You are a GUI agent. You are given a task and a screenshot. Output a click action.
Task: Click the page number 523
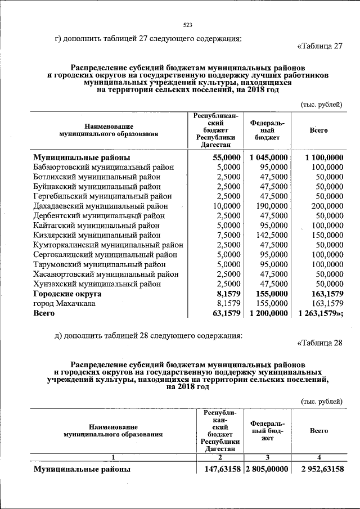point(188,24)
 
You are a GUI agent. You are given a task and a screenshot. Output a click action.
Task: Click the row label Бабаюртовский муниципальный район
point(103,167)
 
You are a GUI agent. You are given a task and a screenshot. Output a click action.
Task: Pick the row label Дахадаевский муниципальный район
point(101,206)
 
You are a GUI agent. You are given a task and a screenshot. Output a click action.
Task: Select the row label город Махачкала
point(64,303)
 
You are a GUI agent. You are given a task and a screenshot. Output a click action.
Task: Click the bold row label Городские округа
point(67,294)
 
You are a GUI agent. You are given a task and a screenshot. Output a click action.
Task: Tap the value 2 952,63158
point(322,469)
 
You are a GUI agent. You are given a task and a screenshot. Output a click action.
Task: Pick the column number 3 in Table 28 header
point(268,456)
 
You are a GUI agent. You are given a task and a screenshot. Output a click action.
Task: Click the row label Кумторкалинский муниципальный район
point(108,245)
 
